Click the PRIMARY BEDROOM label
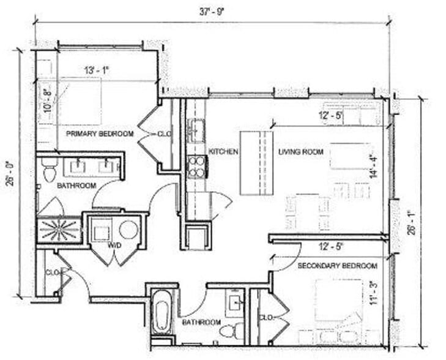[99, 133]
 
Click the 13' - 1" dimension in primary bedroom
[96, 70]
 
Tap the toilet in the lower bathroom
[227, 332]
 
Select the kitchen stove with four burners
[196, 167]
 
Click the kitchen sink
[196, 130]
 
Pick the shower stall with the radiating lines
[59, 230]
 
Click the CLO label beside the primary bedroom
[163, 133]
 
